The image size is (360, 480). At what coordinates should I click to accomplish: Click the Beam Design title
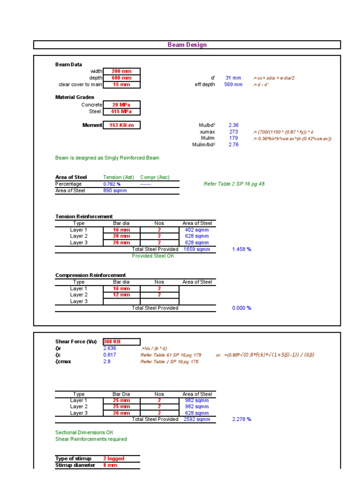[x=187, y=45]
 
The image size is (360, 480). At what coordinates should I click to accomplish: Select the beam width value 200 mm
[x=121, y=71]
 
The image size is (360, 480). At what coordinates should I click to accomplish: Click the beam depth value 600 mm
[x=121, y=78]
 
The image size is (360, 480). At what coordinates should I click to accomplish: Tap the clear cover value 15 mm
[x=121, y=84]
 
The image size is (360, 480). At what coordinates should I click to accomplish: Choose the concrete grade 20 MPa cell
[x=121, y=105]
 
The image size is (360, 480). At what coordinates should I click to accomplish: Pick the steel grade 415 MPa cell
[x=121, y=112]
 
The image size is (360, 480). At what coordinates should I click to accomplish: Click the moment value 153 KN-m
[x=121, y=125]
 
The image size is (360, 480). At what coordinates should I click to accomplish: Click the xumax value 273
[x=233, y=132]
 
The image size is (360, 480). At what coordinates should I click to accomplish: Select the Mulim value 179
[x=233, y=138]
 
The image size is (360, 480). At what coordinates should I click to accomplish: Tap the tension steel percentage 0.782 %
[x=112, y=184]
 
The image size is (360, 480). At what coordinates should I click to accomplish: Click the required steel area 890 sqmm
[x=113, y=191]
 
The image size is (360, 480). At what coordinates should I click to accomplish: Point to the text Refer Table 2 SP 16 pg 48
[x=234, y=184]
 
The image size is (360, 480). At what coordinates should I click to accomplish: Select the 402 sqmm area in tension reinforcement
[x=197, y=230]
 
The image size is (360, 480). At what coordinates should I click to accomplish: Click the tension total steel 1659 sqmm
[x=197, y=249]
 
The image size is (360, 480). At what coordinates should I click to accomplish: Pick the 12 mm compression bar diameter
[x=121, y=295]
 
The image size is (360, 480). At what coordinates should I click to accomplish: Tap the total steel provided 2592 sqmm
[x=197, y=420]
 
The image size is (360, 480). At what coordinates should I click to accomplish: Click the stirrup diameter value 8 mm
[x=110, y=465]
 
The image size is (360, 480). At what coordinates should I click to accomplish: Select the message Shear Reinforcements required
[x=91, y=439]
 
